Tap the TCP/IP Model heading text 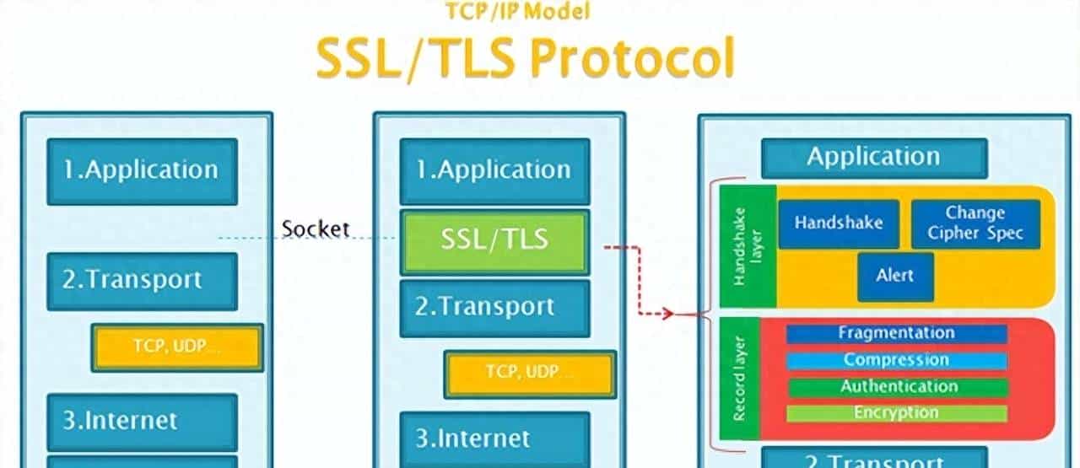click(x=517, y=11)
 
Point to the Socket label click(x=316, y=229)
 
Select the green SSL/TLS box click(x=494, y=240)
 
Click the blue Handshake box click(x=838, y=223)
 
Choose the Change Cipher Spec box click(x=975, y=223)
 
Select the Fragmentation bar click(x=896, y=333)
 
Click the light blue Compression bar click(x=896, y=360)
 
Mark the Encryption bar click(x=896, y=413)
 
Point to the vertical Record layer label click(x=741, y=379)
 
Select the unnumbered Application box click(x=873, y=158)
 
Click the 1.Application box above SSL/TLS click(x=494, y=171)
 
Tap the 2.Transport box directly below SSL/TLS click(x=494, y=307)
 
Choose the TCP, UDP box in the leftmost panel click(x=177, y=347)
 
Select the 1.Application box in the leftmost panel click(x=142, y=171)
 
